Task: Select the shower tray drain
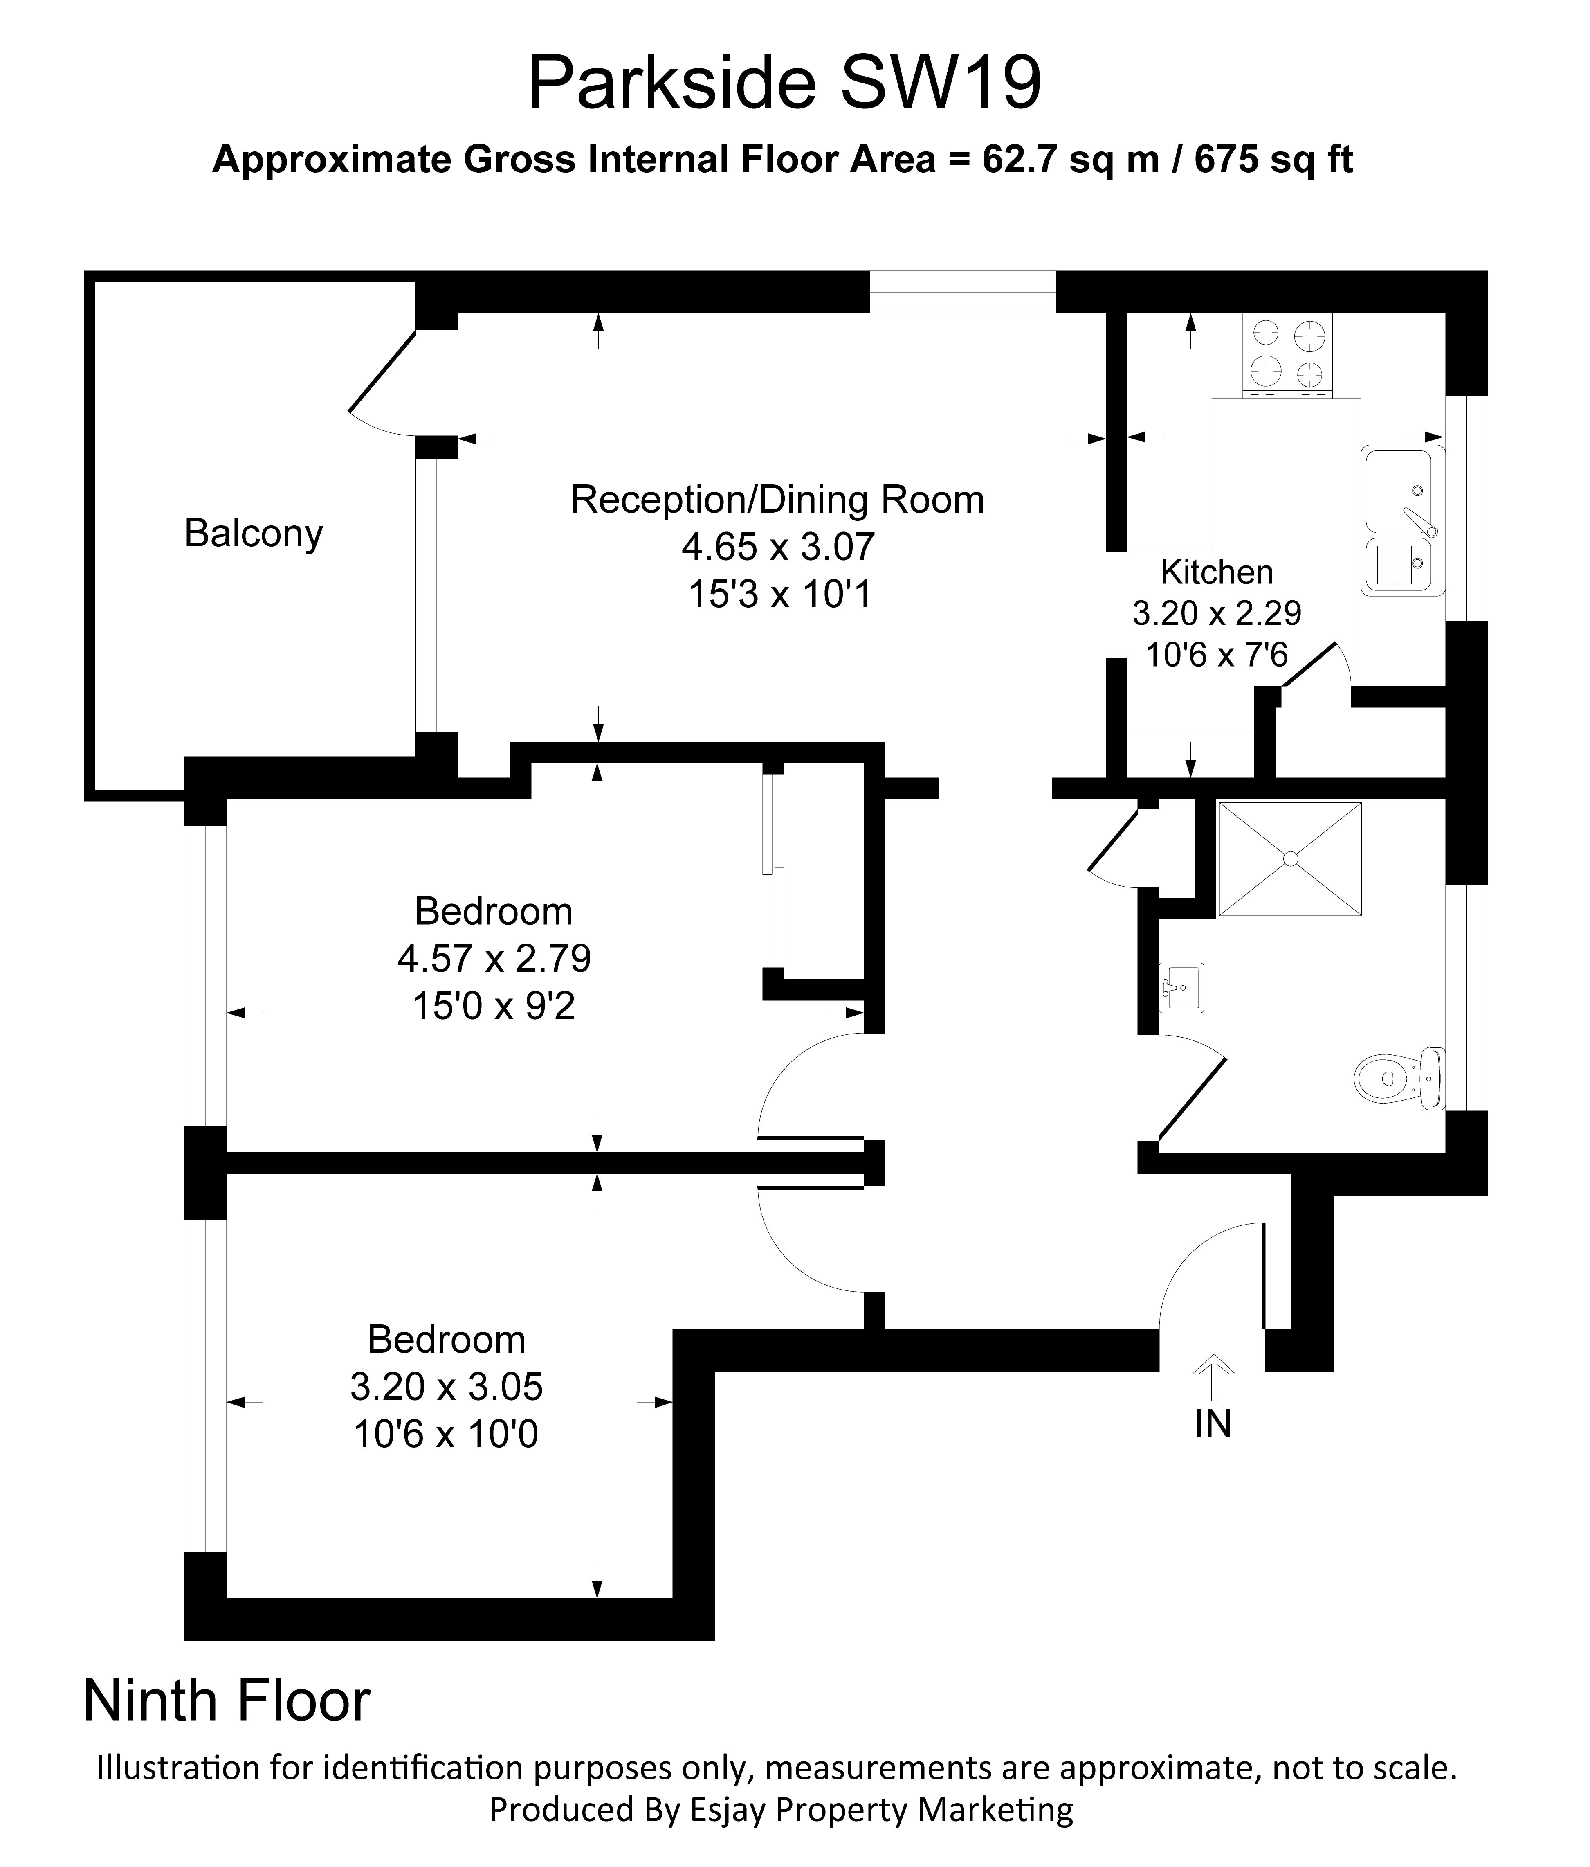(1291, 860)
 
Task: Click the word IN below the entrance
(1213, 1424)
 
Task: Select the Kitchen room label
(1216, 572)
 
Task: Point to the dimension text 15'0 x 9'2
(494, 1006)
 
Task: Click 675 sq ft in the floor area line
(1274, 160)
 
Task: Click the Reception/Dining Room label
(777, 500)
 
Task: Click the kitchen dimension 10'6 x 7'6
(1216, 655)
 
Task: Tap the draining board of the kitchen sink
(1396, 566)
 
